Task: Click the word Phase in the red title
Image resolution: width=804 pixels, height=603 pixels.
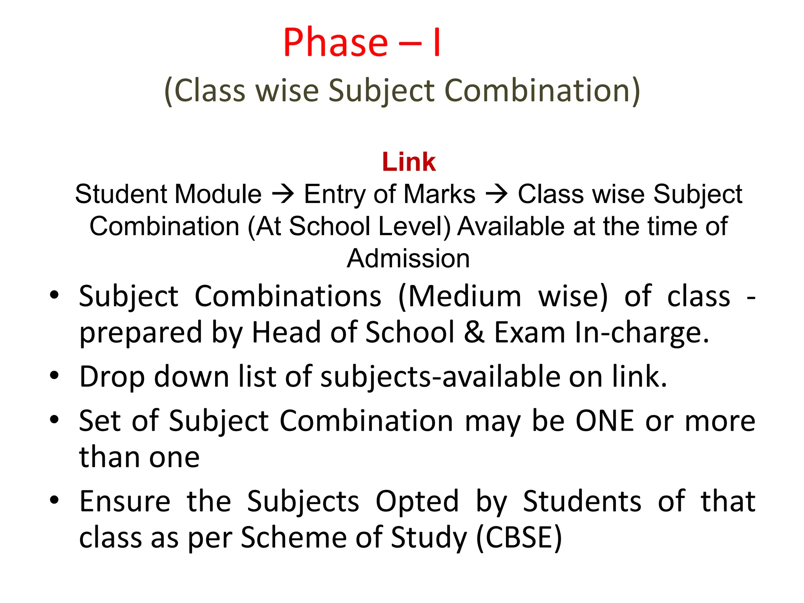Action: tap(336, 42)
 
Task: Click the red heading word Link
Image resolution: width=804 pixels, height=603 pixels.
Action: tap(409, 162)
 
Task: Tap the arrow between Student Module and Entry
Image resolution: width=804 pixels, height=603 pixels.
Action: tap(283, 194)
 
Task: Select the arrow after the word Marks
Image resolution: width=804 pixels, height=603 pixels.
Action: tap(497, 194)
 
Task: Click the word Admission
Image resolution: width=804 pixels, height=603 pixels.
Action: tap(408, 258)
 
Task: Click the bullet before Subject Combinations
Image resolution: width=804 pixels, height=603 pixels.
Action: tap(54, 295)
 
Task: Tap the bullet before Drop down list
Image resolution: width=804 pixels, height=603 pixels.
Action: tap(54, 376)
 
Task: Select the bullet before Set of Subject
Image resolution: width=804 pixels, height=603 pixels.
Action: tap(54, 420)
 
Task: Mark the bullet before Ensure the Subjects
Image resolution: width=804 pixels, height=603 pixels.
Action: tap(54, 500)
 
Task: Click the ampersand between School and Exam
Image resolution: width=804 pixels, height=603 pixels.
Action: tap(474, 332)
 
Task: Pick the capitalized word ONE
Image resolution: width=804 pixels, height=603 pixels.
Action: tap(605, 421)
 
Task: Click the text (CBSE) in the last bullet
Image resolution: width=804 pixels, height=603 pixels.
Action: tap(519, 537)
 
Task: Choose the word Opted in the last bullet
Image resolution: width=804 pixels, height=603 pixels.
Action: tap(417, 501)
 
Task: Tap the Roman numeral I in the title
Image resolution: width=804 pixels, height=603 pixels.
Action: tap(436, 42)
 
